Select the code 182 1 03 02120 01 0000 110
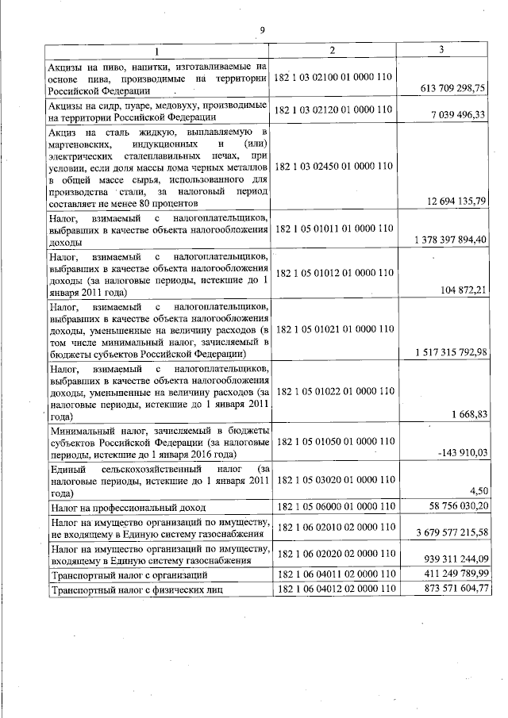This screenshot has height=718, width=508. [x=333, y=109]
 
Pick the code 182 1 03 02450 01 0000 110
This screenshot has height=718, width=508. [x=333, y=167]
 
